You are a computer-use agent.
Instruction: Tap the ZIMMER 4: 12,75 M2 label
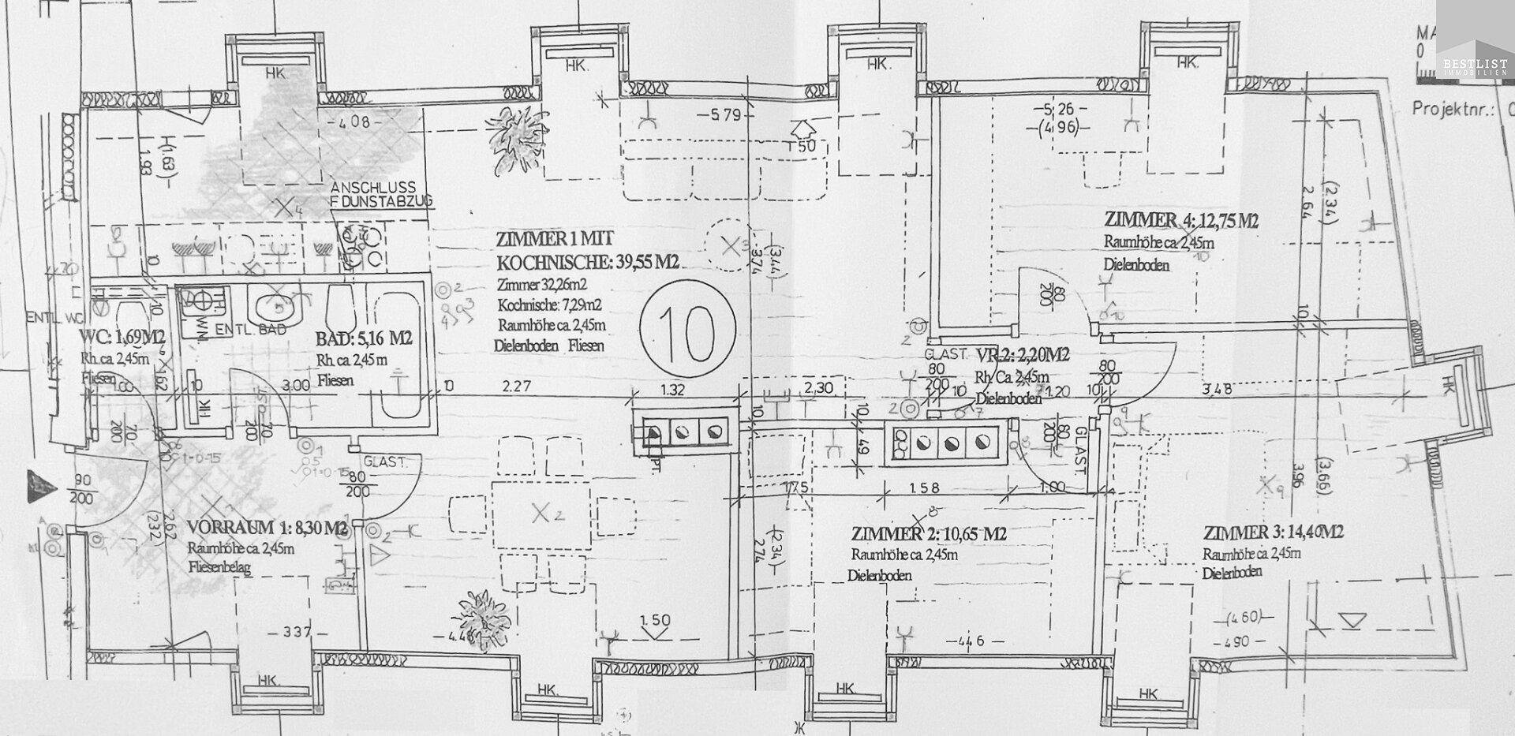(x=1181, y=220)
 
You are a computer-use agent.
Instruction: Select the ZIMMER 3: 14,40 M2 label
(x=1273, y=532)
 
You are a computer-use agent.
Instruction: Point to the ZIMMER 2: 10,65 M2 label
(x=929, y=534)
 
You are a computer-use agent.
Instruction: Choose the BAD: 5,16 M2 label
(x=364, y=340)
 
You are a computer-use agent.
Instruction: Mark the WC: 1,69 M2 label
(x=122, y=339)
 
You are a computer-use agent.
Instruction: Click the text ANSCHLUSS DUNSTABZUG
(x=381, y=195)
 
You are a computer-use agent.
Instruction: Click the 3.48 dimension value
(x=1216, y=388)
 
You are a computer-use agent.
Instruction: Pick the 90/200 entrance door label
(x=81, y=490)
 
